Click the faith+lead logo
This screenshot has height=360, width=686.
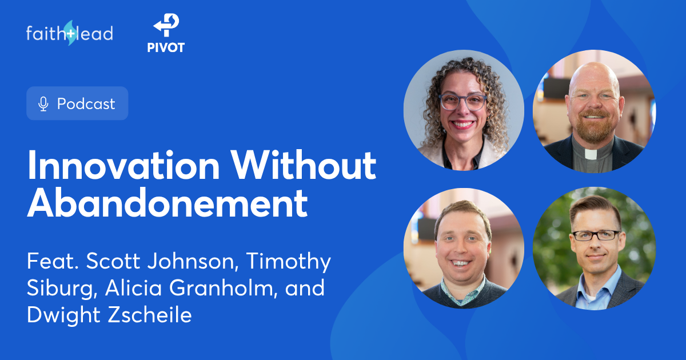tap(69, 33)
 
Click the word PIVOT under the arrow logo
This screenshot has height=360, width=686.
tap(166, 48)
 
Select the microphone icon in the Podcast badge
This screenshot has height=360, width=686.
tap(43, 104)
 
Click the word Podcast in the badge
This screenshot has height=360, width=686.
tap(86, 104)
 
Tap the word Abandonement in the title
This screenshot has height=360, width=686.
tap(167, 204)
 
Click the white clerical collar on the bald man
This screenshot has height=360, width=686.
tap(593, 154)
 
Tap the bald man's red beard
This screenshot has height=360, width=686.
tap(593, 129)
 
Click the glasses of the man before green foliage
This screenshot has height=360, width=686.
tap(596, 235)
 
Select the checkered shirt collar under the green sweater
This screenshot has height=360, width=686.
tap(463, 283)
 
